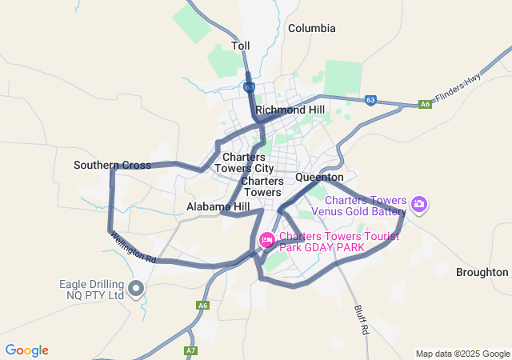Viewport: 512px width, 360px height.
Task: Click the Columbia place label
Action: click(x=312, y=28)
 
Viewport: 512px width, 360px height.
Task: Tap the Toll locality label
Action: click(x=241, y=46)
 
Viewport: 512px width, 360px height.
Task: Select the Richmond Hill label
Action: click(x=290, y=110)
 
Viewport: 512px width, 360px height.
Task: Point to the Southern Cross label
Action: click(x=112, y=166)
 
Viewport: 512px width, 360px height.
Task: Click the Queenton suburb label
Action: click(x=319, y=177)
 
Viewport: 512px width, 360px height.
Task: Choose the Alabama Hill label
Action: click(x=218, y=206)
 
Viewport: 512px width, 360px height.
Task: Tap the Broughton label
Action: click(x=482, y=272)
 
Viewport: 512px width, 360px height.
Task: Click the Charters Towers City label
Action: click(x=248, y=163)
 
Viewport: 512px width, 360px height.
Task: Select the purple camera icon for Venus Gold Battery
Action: click(x=419, y=205)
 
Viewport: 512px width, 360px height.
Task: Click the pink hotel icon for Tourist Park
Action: click(x=267, y=238)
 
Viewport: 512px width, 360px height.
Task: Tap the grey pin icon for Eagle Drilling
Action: click(x=137, y=287)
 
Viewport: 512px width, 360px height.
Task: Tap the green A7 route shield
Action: click(x=190, y=350)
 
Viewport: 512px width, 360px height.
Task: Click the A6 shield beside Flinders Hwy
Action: click(x=425, y=104)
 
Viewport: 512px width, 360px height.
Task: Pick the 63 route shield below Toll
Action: click(x=250, y=86)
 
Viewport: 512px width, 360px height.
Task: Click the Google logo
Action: click(x=26, y=350)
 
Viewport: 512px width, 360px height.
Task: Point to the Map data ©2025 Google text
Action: click(x=463, y=354)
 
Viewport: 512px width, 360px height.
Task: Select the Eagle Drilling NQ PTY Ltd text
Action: click(x=93, y=290)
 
